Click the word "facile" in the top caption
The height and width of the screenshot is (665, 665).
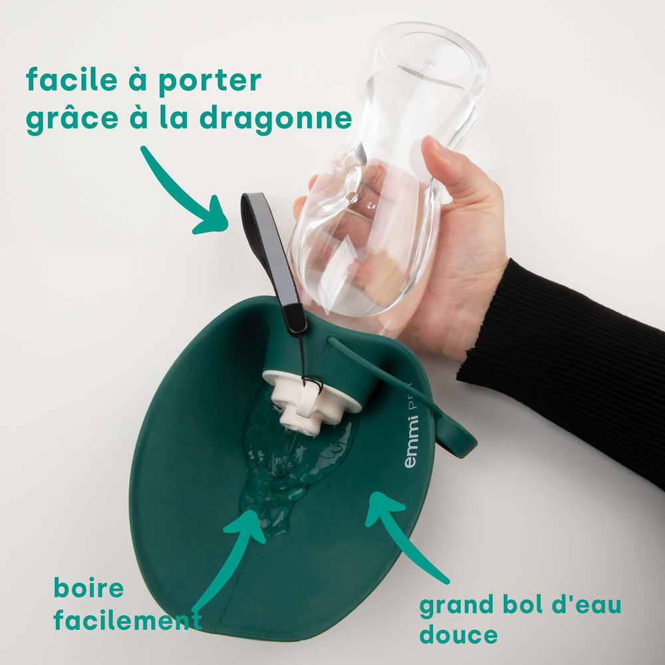[72, 79]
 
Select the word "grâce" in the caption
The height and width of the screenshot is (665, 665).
[72, 119]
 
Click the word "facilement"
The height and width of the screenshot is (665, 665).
[128, 620]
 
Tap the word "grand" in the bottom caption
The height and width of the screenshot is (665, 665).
[456, 606]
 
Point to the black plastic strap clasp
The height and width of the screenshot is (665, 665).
[295, 318]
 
